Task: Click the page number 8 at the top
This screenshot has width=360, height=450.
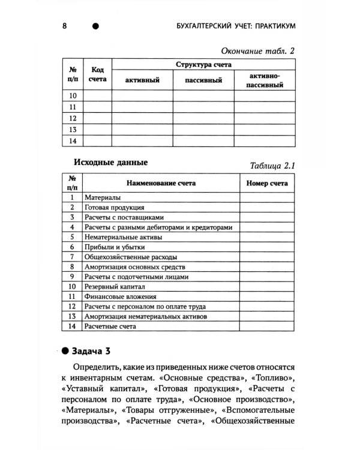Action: click(64, 26)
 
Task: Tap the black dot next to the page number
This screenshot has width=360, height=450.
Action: click(95, 26)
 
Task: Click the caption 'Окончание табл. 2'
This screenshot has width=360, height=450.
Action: click(259, 51)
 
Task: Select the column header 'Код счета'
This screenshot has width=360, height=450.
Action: click(97, 74)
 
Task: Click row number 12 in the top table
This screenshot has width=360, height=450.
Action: click(73, 118)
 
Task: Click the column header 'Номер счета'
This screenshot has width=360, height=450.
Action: click(267, 184)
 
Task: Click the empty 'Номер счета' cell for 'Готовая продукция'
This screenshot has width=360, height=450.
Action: click(267, 207)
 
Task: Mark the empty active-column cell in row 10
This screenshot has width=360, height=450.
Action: click(142, 95)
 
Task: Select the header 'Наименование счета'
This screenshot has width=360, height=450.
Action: click(160, 184)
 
